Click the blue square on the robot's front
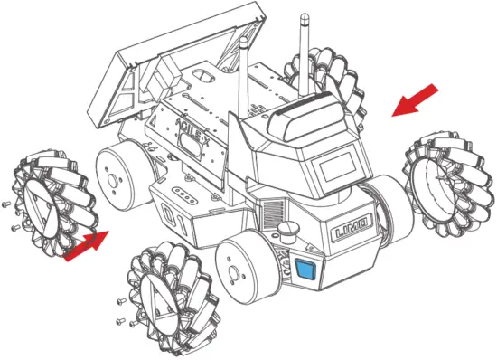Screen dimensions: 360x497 tap(305, 269)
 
